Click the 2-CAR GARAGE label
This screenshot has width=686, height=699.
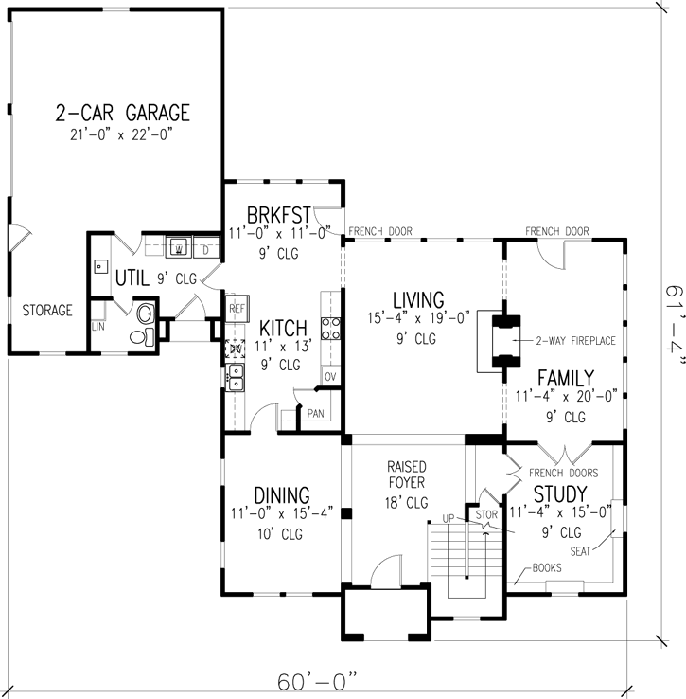click(122, 114)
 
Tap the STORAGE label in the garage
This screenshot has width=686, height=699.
click(47, 310)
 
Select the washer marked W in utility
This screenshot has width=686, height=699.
click(179, 249)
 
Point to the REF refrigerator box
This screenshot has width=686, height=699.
click(237, 308)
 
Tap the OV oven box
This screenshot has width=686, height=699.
click(330, 376)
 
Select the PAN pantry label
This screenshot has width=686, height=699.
click(315, 413)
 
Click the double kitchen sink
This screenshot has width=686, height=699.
click(236, 381)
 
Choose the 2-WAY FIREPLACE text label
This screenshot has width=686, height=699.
click(575, 341)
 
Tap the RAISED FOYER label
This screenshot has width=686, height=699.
click(407, 475)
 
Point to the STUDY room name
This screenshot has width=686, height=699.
click(559, 494)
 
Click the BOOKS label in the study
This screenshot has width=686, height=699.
click(546, 568)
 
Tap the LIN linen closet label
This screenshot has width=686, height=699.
click(97, 327)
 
